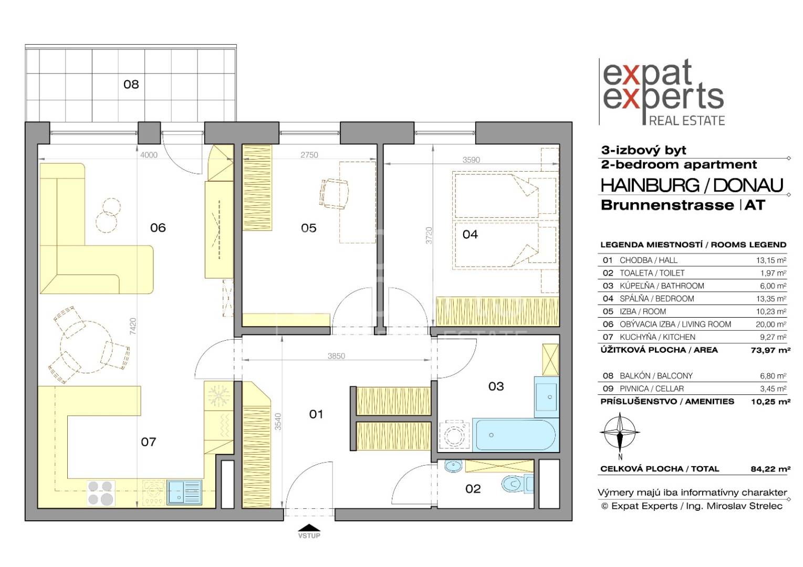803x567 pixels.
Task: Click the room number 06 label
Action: [158, 228]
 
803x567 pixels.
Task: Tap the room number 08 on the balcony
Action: [131, 84]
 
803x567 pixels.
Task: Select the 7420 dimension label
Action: [133, 326]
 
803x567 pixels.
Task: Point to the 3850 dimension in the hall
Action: [336, 356]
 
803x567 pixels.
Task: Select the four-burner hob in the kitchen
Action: [101, 493]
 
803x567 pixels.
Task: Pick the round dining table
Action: [87, 346]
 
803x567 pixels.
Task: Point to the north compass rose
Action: [620, 433]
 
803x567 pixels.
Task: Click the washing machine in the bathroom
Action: [454, 434]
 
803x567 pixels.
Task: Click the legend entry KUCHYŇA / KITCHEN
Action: [658, 337]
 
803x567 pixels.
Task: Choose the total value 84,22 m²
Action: [771, 469]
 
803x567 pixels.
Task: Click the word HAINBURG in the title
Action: [650, 185]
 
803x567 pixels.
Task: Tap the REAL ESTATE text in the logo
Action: [687, 120]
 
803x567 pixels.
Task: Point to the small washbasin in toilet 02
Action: [453, 466]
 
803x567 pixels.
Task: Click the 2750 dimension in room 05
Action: [309, 155]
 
